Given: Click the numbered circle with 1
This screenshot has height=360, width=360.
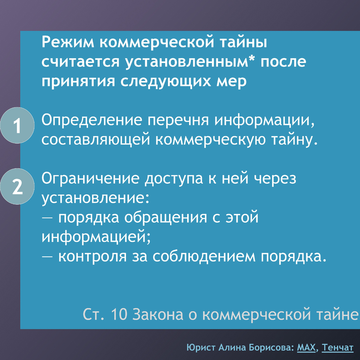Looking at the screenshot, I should pos(17,125).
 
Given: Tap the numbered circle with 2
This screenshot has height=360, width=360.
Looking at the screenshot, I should pos(17,187).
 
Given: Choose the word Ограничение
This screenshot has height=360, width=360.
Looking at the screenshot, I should pos(91,179).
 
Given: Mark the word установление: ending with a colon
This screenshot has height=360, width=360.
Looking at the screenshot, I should pos(95,198).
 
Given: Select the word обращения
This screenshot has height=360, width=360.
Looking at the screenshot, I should pos(166,218).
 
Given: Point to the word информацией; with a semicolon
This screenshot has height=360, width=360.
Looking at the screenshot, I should pos(96,237).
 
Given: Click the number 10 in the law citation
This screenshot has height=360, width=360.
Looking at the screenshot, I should pos(119,314).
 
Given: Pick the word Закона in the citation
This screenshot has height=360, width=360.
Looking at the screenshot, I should pos(157,314).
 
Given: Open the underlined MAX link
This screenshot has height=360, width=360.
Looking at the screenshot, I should pos(307,348).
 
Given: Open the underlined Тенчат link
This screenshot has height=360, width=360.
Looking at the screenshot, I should pos(338,348).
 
